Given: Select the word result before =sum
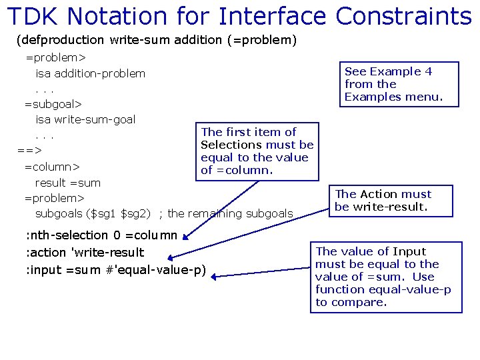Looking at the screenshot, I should click(50, 182).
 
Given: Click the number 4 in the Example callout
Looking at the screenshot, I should click(429, 71).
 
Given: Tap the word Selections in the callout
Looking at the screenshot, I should click(231, 145).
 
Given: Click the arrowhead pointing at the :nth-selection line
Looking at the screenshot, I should click(188, 235).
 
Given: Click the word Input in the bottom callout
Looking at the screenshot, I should click(409, 251).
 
